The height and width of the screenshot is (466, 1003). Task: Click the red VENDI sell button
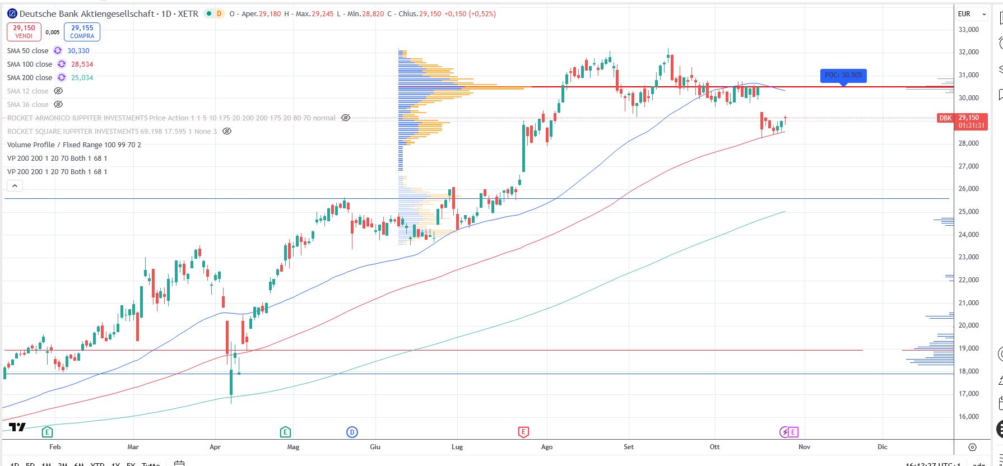point(24,31)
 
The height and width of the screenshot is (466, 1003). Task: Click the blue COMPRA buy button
point(82,31)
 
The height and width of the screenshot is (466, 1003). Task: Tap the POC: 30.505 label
point(843,75)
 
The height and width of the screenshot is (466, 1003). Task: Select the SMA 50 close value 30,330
point(78,51)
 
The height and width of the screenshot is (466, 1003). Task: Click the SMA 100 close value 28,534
point(82,64)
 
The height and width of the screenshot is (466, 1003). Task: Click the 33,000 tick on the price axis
point(968,29)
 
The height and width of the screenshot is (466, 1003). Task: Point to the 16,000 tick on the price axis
point(968,417)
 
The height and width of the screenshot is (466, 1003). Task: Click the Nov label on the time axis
point(804,446)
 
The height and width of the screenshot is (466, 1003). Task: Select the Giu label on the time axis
point(375,446)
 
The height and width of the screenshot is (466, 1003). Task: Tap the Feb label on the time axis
point(55,446)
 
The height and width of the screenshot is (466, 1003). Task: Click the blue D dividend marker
point(352,432)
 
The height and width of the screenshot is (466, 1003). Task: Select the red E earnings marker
point(523,432)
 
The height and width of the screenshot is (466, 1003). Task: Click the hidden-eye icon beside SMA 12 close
point(58,91)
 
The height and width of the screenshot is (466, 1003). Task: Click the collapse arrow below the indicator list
point(15,186)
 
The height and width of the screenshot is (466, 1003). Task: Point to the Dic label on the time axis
point(883,446)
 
